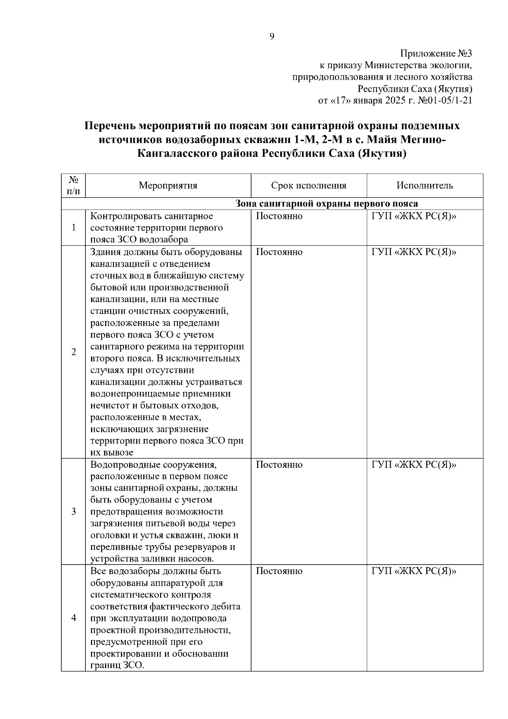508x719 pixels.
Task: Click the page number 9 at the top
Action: pos(272,36)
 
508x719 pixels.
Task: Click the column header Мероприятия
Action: pos(168,186)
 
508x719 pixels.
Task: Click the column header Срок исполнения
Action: pos(309,186)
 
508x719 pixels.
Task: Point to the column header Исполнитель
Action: pos(425,186)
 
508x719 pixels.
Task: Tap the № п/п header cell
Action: pos(73,186)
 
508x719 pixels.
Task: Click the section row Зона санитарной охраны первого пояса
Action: pos(326,204)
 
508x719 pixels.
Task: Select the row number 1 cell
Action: pos(74,228)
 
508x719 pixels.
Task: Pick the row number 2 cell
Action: pos(74,352)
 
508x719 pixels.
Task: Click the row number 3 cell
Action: pos(74,511)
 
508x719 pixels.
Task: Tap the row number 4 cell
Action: pos(74,618)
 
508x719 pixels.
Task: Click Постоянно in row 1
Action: pos(279,217)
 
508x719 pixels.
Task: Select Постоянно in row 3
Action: pos(279,465)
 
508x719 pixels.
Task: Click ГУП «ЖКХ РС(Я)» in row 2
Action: pos(414,252)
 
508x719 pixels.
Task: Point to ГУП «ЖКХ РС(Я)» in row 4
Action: pos(414,571)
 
